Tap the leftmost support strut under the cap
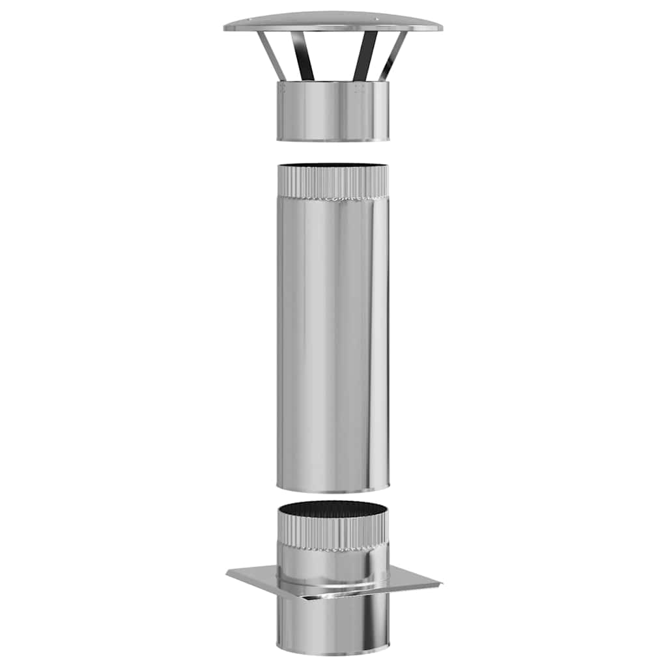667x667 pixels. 272,55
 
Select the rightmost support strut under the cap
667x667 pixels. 393,55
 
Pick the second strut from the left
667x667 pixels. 302,55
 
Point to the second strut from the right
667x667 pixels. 365,55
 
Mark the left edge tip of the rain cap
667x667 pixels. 226,28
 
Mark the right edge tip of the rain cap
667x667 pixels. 441,28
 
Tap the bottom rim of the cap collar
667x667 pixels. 333,139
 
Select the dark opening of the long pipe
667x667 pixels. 333,166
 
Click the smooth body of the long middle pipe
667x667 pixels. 333,339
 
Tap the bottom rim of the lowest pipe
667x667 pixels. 333,651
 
